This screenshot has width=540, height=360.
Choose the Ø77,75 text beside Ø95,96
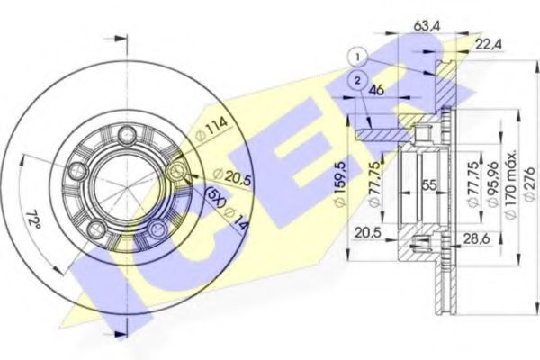pyautogui.click(x=472, y=184)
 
